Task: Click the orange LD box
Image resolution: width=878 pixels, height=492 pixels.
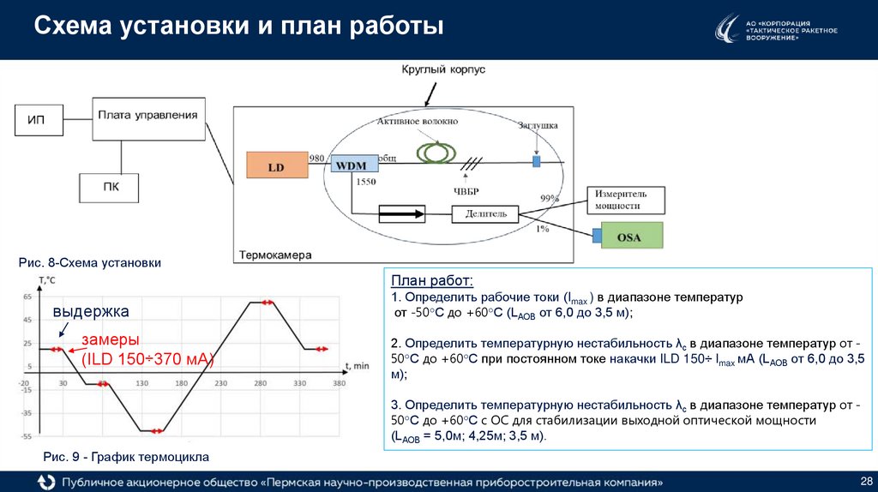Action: coord(276,167)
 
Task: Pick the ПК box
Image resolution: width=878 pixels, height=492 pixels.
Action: coord(109,188)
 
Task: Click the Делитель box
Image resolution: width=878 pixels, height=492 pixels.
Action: coord(485,213)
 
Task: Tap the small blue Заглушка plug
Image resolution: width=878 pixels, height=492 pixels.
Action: coord(537,162)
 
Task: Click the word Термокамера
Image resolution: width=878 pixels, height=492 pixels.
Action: coord(275,255)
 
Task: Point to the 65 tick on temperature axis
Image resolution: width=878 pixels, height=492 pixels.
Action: coord(27,297)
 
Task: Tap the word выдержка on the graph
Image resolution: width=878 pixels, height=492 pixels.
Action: coord(91,311)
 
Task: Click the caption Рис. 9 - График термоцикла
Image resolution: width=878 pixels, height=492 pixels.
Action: coord(126,456)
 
